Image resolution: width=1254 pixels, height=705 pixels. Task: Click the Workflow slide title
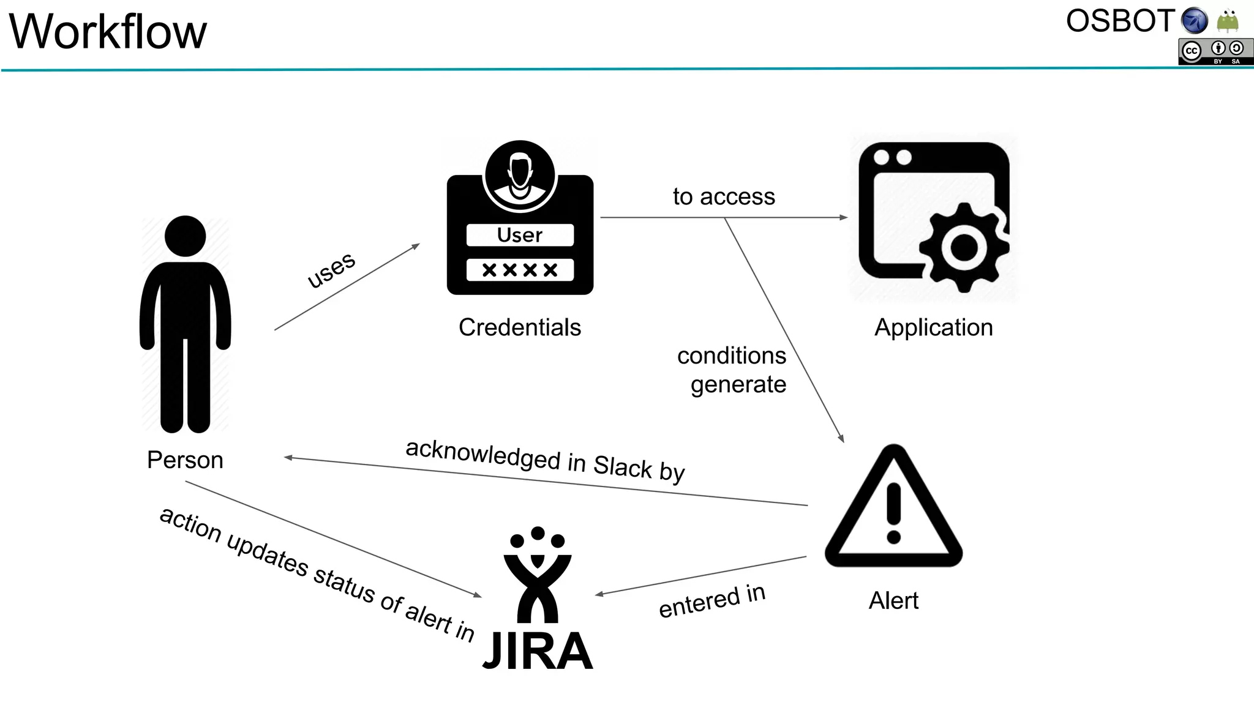pyautogui.click(x=108, y=32)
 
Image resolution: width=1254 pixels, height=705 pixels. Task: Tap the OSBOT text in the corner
pyautogui.click(x=1119, y=21)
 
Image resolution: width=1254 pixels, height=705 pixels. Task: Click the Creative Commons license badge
pyautogui.click(x=1215, y=51)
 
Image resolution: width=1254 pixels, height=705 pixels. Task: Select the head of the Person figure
pyautogui.click(x=185, y=236)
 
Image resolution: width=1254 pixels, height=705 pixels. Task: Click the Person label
pyautogui.click(x=185, y=460)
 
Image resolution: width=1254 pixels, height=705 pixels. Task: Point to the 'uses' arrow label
pyautogui.click(x=331, y=269)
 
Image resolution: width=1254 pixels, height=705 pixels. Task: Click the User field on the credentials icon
pyautogui.click(x=520, y=235)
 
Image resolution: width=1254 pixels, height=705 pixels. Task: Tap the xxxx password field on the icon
pyautogui.click(x=520, y=270)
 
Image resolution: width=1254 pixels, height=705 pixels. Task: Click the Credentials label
pyautogui.click(x=520, y=327)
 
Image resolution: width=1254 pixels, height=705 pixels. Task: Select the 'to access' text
pyautogui.click(x=724, y=197)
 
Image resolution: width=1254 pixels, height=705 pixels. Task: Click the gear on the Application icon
pyautogui.click(x=964, y=247)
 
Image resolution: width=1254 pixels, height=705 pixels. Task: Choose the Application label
pyautogui.click(x=933, y=327)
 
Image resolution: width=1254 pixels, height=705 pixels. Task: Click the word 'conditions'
pyautogui.click(x=732, y=356)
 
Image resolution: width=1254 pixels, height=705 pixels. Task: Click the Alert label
pyautogui.click(x=893, y=601)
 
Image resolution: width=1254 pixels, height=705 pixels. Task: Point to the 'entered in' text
pyautogui.click(x=712, y=601)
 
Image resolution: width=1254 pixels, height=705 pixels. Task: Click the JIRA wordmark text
pyautogui.click(x=538, y=651)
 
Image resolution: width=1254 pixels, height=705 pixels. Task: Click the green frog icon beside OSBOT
pyautogui.click(x=1228, y=21)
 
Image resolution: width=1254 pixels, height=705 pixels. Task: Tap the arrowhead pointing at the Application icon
pyautogui.click(x=844, y=217)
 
